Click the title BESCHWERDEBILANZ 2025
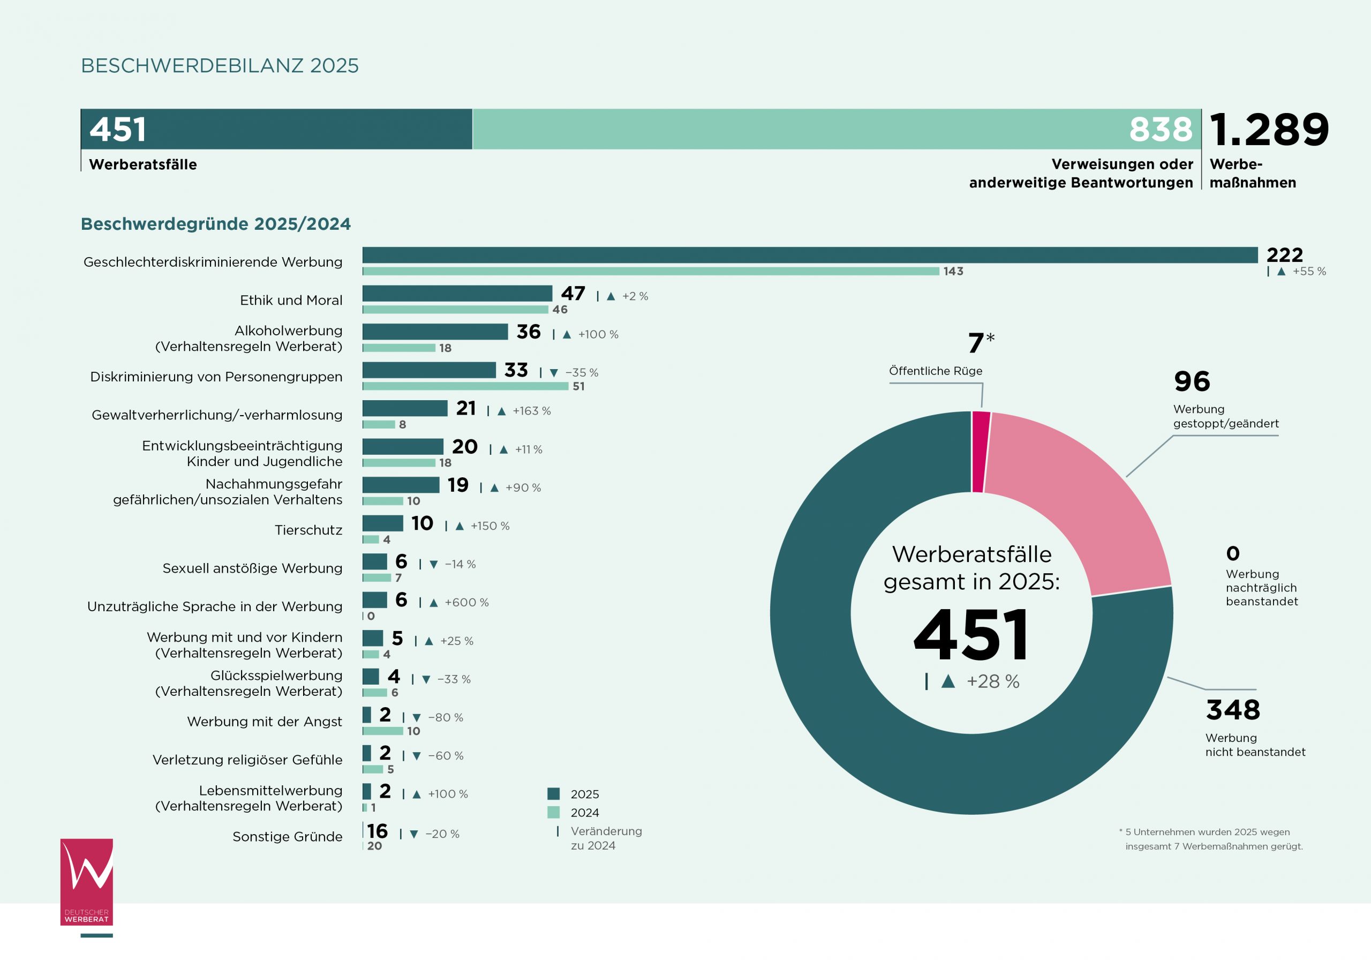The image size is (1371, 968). [x=220, y=66]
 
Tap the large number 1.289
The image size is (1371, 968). [x=1269, y=130]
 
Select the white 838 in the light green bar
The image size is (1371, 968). [x=1160, y=130]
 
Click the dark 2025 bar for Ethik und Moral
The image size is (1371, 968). [x=457, y=293]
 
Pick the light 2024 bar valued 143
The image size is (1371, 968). [x=650, y=272]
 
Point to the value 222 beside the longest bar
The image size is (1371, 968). [x=1284, y=255]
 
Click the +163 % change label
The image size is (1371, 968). [x=531, y=411]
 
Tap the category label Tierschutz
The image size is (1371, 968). [x=308, y=530]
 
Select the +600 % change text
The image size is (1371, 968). [x=466, y=603]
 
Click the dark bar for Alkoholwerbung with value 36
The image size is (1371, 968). [x=435, y=332]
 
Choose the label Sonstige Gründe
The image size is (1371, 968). [x=287, y=837]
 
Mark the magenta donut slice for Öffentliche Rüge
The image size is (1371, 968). [x=981, y=452]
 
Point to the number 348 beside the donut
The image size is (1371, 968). [x=1232, y=710]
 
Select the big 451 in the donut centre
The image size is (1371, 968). [x=971, y=635]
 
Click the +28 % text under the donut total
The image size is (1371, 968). [x=992, y=681]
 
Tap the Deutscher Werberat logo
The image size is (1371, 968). [x=87, y=882]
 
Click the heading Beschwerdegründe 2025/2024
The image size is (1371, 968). [x=216, y=224]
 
